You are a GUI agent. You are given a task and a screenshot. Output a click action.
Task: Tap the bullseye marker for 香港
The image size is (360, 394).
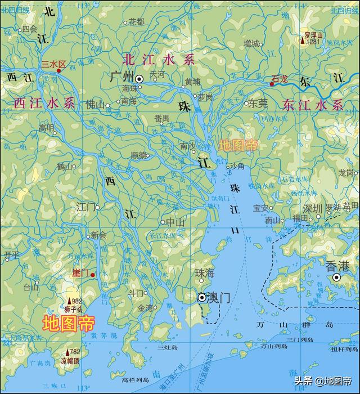click(x=336, y=277)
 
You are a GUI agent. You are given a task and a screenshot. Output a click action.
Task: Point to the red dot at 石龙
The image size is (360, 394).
click(x=272, y=84)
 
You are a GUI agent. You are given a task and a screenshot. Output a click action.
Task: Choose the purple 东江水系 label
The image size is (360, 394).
click(x=313, y=105)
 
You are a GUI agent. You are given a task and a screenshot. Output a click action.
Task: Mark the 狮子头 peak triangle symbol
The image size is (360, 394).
click(x=70, y=301)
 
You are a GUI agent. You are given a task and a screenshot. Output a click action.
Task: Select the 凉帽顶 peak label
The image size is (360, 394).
click(x=71, y=360)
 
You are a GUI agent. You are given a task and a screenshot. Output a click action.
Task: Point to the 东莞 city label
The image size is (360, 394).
click(x=258, y=104)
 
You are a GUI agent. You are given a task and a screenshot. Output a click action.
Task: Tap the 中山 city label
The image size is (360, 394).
click(x=176, y=222)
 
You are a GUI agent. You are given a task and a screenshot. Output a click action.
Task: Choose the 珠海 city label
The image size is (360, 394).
click(x=205, y=272)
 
